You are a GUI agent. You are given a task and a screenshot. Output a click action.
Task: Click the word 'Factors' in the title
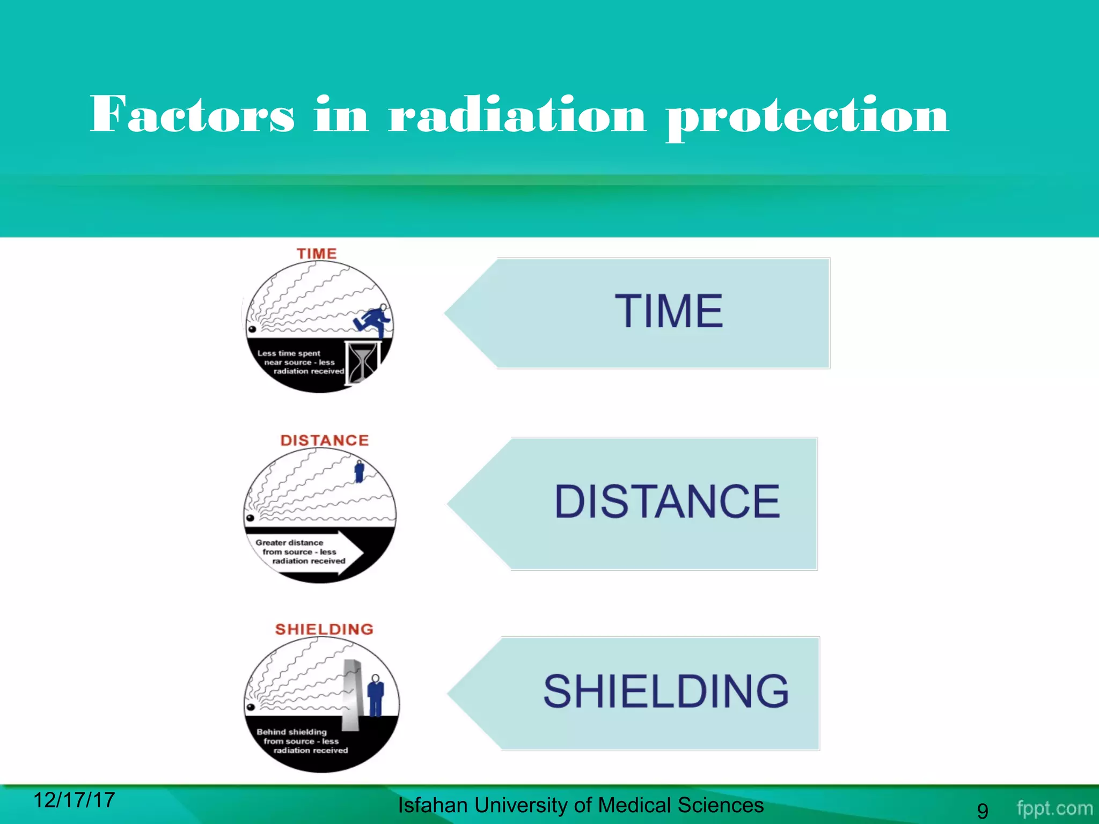[x=192, y=114]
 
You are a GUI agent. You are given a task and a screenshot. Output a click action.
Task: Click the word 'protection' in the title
[x=808, y=115]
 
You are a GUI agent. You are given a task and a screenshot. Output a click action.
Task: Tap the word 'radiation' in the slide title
[x=517, y=114]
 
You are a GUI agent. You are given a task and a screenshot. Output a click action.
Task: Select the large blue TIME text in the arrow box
[x=669, y=311]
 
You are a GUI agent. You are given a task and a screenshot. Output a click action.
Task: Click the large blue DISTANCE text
[x=667, y=502]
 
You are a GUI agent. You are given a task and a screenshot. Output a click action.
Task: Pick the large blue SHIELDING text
[x=666, y=691]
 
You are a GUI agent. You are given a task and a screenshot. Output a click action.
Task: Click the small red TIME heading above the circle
[x=317, y=254]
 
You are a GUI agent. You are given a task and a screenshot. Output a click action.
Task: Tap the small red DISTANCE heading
[x=325, y=440]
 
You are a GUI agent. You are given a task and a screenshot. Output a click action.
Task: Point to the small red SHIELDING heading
[x=324, y=629]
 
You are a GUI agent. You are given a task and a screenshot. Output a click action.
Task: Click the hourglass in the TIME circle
[x=363, y=362]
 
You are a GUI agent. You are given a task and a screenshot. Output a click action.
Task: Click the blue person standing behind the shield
[x=376, y=696]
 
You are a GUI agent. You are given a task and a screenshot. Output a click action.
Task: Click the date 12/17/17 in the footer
[x=74, y=800]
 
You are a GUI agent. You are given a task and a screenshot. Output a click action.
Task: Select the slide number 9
[x=982, y=810]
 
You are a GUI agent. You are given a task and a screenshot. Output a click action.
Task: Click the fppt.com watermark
[x=1054, y=808]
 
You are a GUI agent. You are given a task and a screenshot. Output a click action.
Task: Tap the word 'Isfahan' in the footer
[x=433, y=805]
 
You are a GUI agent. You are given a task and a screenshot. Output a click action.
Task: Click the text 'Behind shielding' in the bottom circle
[x=291, y=732]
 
